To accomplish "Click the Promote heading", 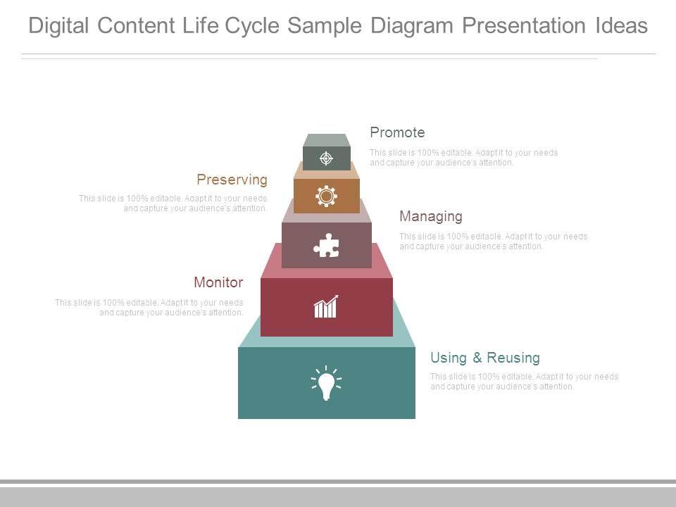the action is click(397, 132).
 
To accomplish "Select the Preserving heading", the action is click(232, 180).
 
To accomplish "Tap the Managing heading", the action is click(430, 216).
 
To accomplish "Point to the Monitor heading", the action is click(218, 282).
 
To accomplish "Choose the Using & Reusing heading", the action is click(484, 358).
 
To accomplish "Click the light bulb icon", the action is click(326, 383).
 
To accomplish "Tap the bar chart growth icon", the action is click(326, 307).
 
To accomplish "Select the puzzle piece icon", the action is click(326, 246).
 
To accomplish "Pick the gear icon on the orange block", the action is click(326, 196).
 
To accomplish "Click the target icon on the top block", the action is click(326, 158).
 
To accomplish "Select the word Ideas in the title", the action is click(619, 26).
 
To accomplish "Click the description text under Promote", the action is click(463, 158).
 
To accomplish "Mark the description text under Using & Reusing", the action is click(524, 382).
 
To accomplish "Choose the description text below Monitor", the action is click(149, 308).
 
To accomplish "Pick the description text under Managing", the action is click(493, 242).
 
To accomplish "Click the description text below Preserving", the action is click(173, 204).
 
